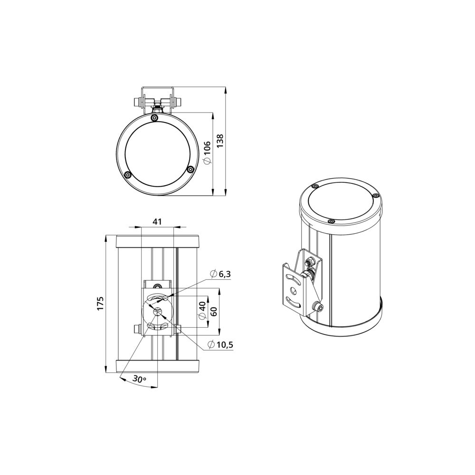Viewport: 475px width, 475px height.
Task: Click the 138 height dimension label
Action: click(219, 141)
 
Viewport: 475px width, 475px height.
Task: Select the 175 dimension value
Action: click(100, 303)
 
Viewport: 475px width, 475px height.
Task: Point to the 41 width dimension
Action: click(158, 222)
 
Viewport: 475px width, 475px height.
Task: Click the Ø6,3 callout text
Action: click(221, 274)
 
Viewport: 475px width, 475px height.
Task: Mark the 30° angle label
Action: click(139, 379)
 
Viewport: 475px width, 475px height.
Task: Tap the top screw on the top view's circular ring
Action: click(154, 118)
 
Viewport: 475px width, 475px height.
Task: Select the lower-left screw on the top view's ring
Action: click(127, 175)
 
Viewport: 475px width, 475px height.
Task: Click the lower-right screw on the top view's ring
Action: click(190, 169)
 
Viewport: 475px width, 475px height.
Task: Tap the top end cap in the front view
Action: click(158, 242)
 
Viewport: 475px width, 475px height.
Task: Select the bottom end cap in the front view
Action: click(158, 366)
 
